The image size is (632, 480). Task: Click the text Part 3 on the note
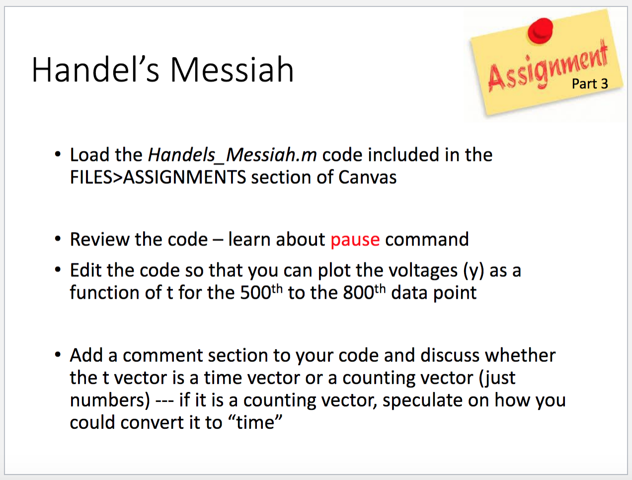coord(590,84)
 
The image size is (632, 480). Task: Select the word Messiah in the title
coord(232,70)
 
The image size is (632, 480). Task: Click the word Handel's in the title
coord(95,70)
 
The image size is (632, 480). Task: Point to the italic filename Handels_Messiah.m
coord(232,155)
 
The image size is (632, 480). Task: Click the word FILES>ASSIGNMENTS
coord(158,177)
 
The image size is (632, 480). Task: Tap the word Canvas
coord(367,177)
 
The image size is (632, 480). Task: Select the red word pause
coord(355,240)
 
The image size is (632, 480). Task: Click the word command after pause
coord(427,240)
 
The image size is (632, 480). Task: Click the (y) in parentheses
coord(474,271)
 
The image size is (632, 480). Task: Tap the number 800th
coord(364,292)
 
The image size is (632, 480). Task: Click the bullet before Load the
coord(58,155)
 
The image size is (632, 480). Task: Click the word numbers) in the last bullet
coord(110,400)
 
